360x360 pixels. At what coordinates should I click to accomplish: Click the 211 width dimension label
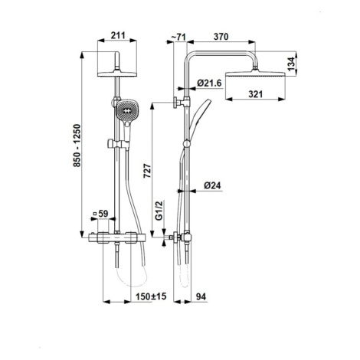[118, 36]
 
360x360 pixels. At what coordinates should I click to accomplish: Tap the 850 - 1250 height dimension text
[77, 146]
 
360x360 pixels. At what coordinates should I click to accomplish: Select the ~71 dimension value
[178, 38]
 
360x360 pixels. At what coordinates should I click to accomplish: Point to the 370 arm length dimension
[221, 37]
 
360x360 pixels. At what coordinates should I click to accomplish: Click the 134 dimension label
[291, 64]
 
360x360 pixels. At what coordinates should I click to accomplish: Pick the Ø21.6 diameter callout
[209, 83]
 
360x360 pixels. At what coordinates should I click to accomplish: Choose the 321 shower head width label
[255, 94]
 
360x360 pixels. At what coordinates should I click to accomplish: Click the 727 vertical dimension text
[147, 172]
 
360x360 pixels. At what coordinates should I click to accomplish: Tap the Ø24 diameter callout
[212, 185]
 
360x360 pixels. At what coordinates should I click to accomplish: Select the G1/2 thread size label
[159, 211]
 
